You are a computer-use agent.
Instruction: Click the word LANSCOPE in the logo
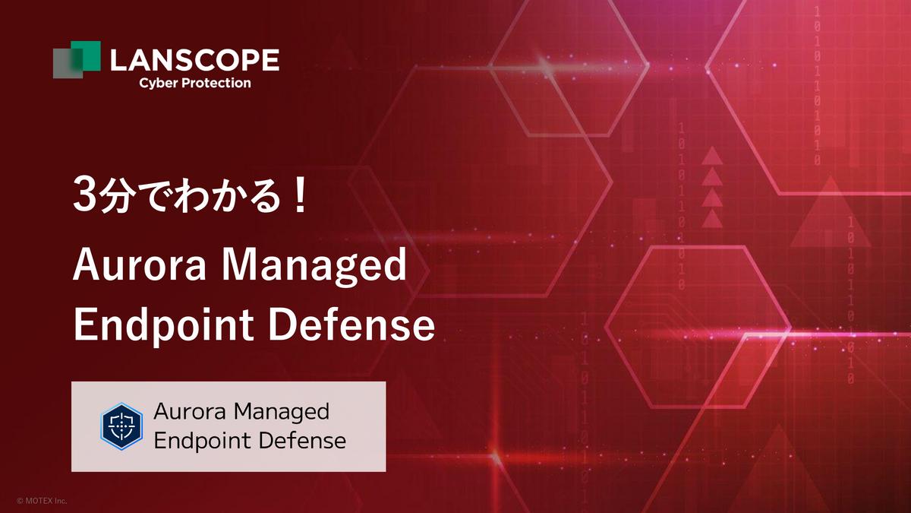click(194, 60)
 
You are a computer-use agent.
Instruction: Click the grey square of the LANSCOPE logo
click(65, 63)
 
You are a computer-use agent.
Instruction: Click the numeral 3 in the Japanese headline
click(84, 195)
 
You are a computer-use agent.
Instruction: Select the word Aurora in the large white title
click(139, 265)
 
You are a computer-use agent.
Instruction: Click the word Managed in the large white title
click(314, 267)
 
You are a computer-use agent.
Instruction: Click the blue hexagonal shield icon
click(121, 426)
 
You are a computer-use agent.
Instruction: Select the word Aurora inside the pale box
click(189, 412)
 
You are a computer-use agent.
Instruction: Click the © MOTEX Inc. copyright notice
click(42, 500)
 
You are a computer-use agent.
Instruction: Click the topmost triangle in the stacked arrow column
click(712, 156)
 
